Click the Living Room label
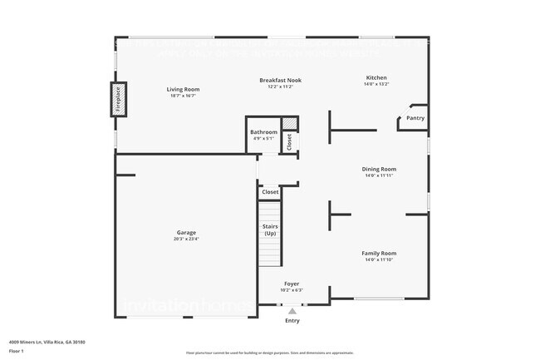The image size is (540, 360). point(183,89)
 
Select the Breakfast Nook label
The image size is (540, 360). point(280,81)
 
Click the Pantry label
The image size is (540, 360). point(415,119)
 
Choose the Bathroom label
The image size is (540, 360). point(263,132)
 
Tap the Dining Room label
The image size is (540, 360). point(378,169)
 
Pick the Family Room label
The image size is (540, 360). point(378,253)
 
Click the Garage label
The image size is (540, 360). point(186,233)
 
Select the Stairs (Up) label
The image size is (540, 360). point(270,230)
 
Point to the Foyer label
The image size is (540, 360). point(292,284)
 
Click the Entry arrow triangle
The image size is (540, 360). point(292,310)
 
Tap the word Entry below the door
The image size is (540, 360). point(292,321)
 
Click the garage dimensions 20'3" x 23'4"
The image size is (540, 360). point(186,239)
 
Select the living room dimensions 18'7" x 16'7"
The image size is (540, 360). point(183,96)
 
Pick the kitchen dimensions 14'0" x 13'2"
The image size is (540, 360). point(376,85)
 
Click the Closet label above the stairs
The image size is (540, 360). point(270,192)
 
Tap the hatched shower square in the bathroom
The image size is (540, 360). point(289,124)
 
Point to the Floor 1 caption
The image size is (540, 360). point(17,351)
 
